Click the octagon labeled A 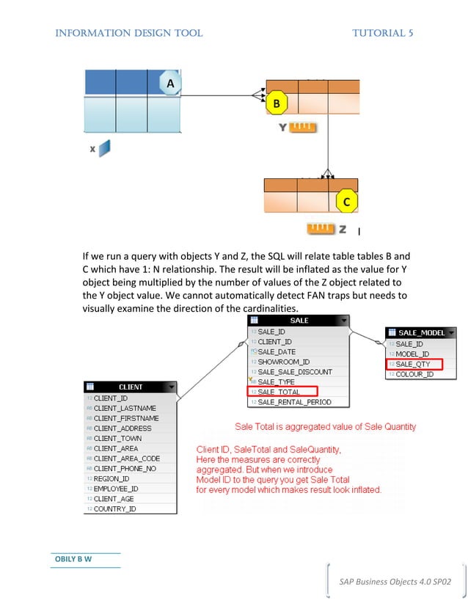[x=170, y=84]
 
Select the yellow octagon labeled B [x=276, y=104]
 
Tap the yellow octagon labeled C [x=346, y=201]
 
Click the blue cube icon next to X [x=104, y=148]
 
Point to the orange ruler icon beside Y [x=302, y=128]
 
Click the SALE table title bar [x=299, y=321]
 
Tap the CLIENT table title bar [x=131, y=387]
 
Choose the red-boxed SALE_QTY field [x=414, y=364]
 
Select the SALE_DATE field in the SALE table [x=277, y=351]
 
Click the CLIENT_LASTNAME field [x=125, y=408]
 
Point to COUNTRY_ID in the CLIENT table [x=115, y=508]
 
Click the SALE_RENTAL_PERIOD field [x=294, y=402]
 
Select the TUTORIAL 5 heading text [x=382, y=33]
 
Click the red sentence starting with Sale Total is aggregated [x=325, y=426]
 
